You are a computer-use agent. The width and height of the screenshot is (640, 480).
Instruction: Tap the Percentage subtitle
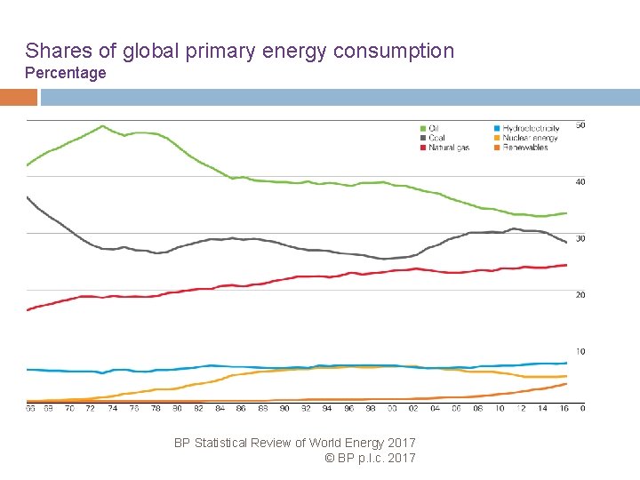pos(65,73)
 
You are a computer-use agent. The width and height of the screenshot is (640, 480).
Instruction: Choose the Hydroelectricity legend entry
pos(530,128)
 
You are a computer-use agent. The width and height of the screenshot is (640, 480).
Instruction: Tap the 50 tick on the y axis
pos(580,124)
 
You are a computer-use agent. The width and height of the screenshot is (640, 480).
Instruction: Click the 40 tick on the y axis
pos(580,182)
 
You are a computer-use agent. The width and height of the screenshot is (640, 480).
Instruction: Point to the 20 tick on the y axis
pos(580,295)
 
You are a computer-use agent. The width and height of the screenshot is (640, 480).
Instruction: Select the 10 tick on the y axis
pos(580,352)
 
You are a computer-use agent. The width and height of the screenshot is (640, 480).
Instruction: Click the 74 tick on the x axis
pos(113,409)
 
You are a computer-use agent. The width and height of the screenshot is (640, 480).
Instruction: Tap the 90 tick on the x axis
pos(284,409)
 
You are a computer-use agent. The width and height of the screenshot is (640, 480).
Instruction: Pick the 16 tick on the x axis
pos(564,409)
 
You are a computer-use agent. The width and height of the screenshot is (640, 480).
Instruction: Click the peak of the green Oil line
pos(103,126)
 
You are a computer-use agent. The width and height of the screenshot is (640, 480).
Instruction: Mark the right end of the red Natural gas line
pos(566,265)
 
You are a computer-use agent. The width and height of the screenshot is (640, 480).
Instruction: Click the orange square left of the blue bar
pos(19,97)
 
